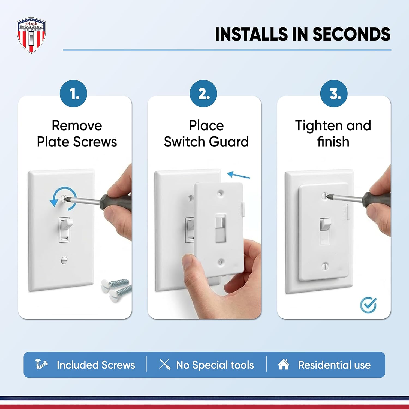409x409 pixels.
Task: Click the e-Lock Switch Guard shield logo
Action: (x=31, y=35)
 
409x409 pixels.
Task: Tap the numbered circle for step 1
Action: (x=73, y=94)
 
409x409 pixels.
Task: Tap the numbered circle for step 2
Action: (x=203, y=94)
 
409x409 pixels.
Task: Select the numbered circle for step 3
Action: (x=334, y=94)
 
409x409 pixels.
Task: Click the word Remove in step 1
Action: (x=77, y=126)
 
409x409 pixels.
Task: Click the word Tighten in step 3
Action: (x=318, y=126)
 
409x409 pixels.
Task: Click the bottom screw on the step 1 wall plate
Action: (x=64, y=260)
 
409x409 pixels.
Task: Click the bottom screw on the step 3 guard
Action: (x=325, y=266)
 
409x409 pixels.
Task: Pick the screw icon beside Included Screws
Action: (x=41, y=365)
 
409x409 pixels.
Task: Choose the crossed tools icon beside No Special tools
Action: (x=165, y=365)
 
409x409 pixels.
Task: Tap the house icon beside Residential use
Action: (x=284, y=365)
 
